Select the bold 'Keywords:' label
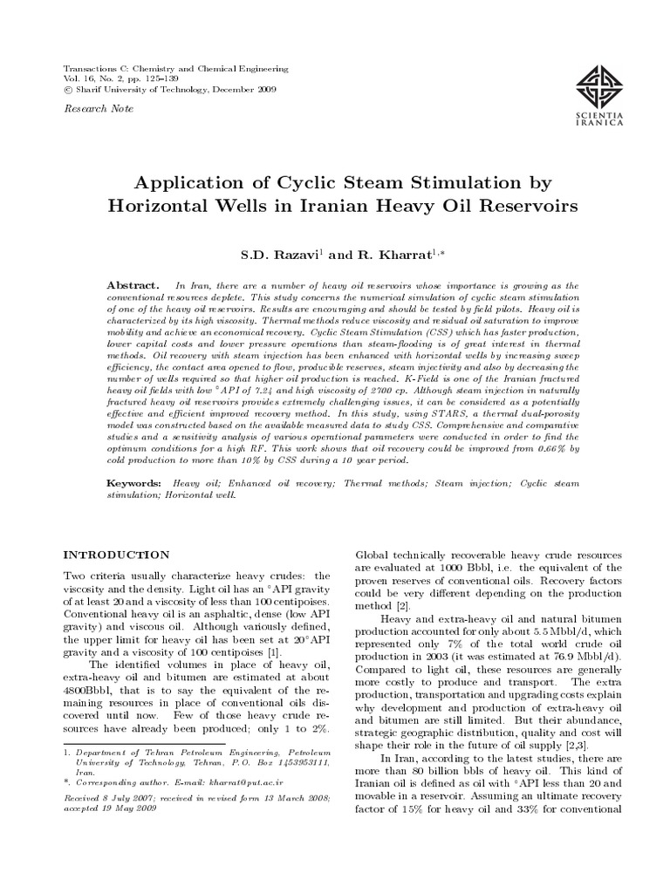[134, 482]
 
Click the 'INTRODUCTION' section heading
[118, 554]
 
